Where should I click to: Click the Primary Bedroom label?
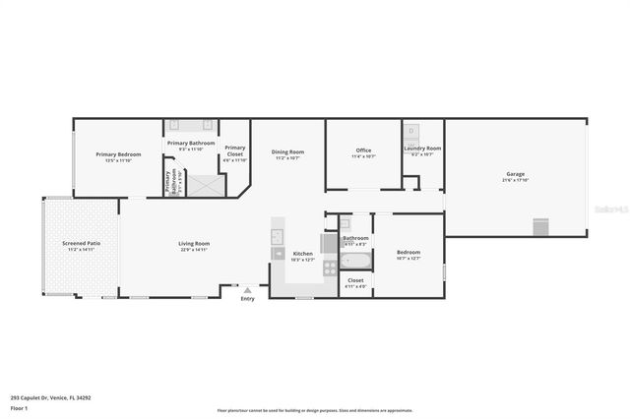(118, 155)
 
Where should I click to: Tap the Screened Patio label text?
(81, 244)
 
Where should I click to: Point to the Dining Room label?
(287, 152)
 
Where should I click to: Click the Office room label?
(363, 151)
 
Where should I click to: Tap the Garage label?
(516, 175)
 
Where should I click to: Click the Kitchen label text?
(303, 254)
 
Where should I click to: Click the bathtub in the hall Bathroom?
(355, 262)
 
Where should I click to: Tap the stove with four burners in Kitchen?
(330, 266)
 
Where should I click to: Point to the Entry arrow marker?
(247, 290)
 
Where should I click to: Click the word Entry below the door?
(247, 299)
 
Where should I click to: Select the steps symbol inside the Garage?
(539, 227)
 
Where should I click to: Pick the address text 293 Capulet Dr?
(50, 398)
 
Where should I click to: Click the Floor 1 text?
(19, 407)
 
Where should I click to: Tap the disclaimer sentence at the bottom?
(315, 411)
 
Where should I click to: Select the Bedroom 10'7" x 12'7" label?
(408, 254)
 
